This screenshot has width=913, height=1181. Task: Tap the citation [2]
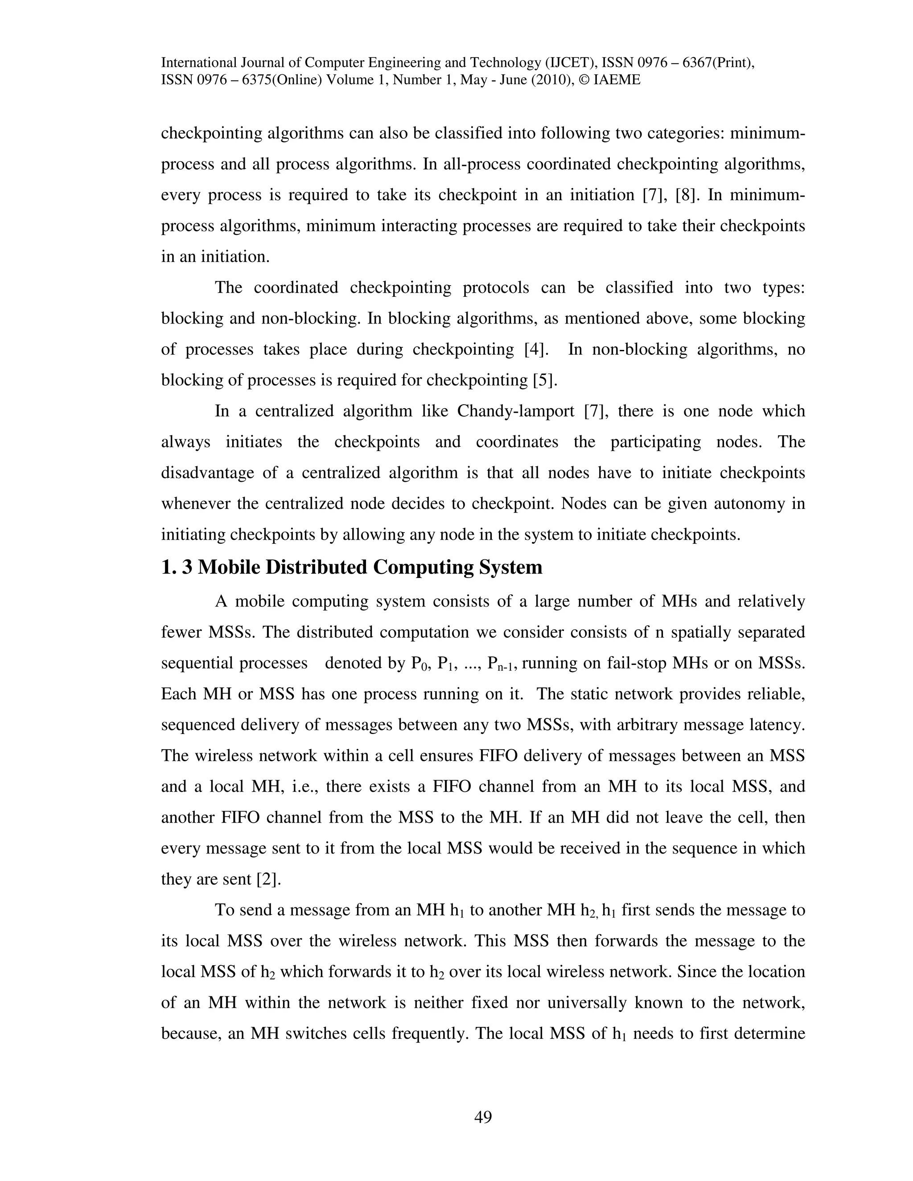pyautogui.click(x=268, y=879)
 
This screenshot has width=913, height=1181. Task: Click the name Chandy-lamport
pyautogui.click(x=515, y=411)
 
